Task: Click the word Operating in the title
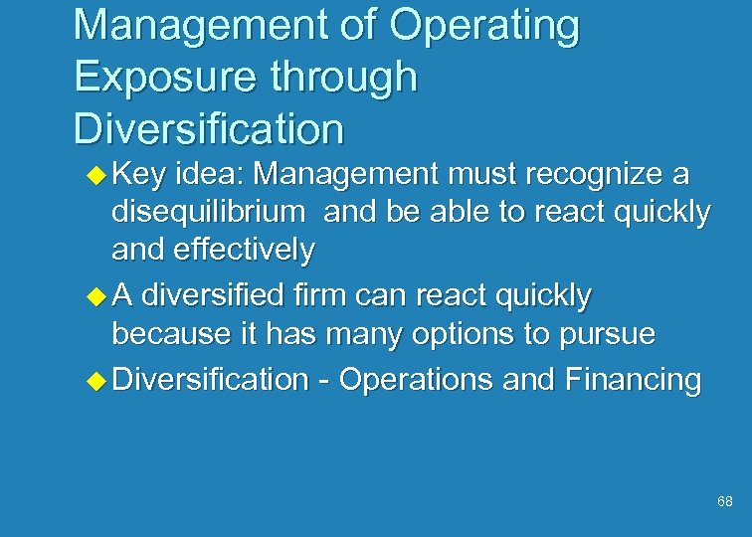[484, 27]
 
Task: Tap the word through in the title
[341, 79]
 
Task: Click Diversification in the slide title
[209, 129]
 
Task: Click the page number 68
[724, 502]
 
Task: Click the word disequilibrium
[209, 212]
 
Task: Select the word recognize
[584, 174]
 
